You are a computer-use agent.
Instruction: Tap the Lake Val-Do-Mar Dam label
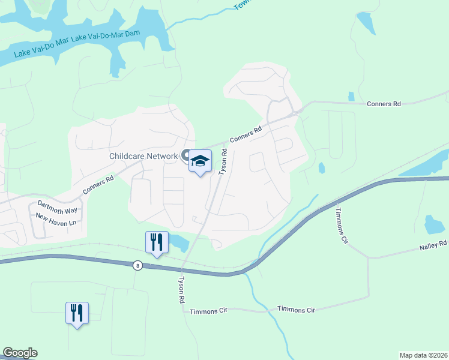click(x=109, y=37)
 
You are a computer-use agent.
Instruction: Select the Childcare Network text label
click(x=143, y=156)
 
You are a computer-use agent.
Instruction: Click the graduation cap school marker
click(x=200, y=161)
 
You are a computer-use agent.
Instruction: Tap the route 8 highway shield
click(x=138, y=266)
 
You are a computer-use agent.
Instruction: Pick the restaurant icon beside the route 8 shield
click(x=156, y=242)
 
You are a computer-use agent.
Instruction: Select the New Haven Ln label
click(x=56, y=219)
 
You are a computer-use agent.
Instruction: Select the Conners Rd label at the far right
click(x=384, y=104)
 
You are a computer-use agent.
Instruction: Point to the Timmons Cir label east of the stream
click(x=296, y=310)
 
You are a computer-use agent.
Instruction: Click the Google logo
click(x=20, y=353)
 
